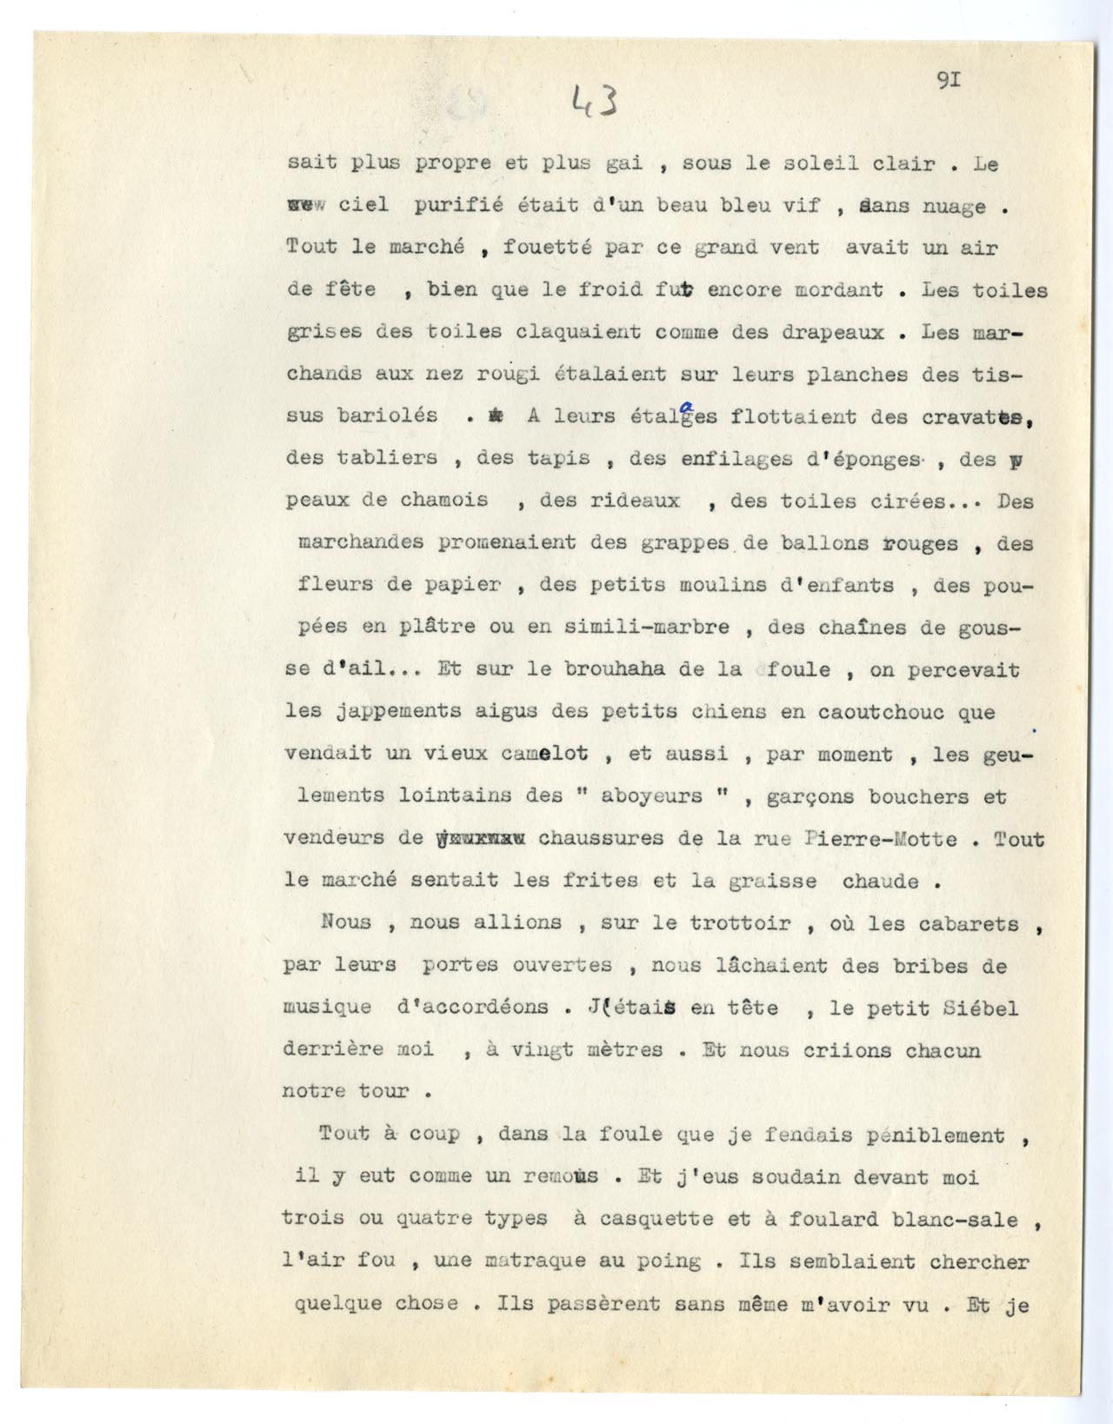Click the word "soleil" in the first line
[802, 164]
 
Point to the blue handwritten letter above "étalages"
[689, 404]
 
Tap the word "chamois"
[443, 501]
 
